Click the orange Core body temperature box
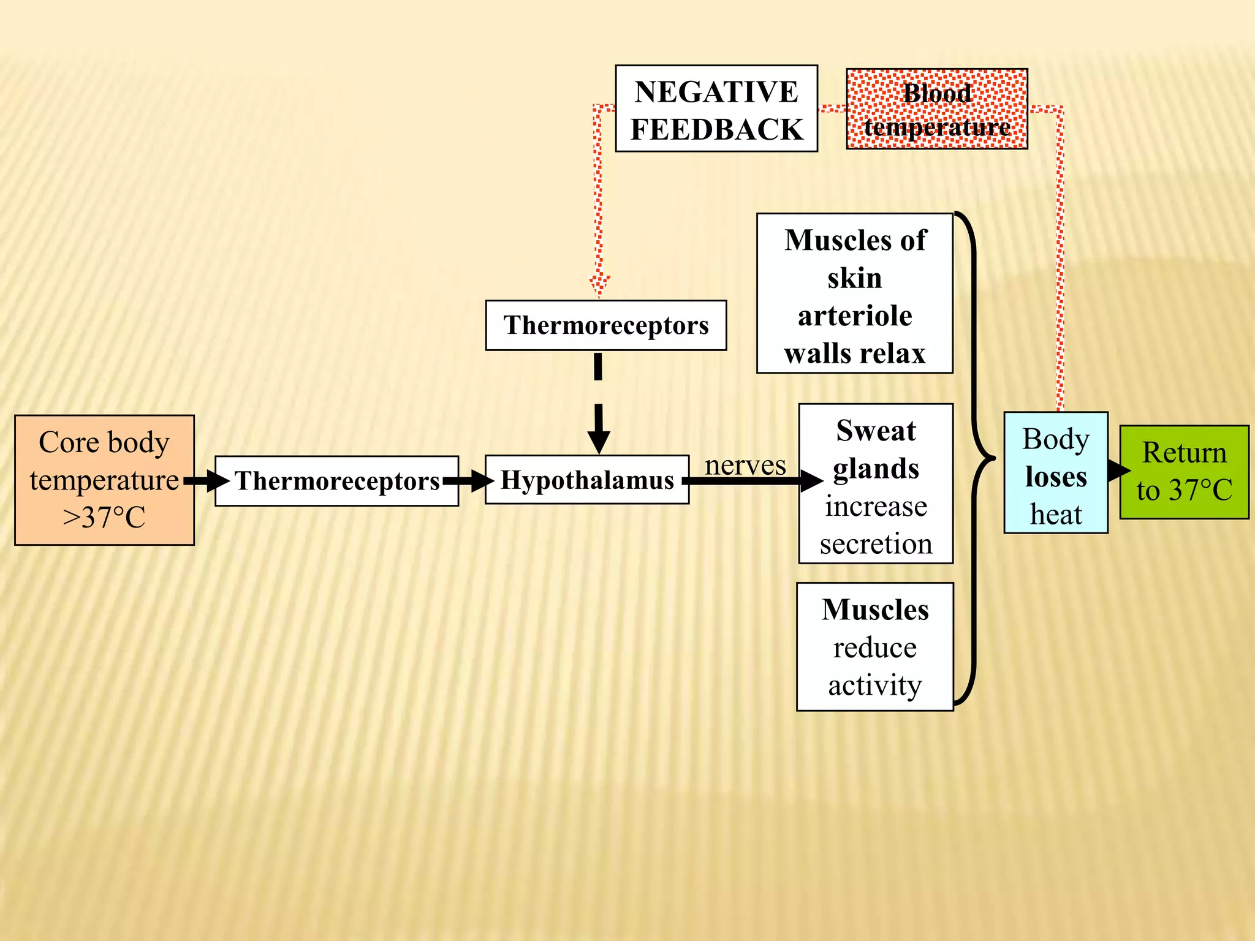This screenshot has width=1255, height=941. (x=104, y=480)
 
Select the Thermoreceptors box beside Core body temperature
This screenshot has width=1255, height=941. (x=336, y=481)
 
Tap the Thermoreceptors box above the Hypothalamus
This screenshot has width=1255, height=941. (x=605, y=325)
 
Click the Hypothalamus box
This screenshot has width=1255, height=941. (x=586, y=480)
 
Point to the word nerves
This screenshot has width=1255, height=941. (x=745, y=465)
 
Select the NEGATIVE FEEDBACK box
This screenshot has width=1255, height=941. (x=716, y=108)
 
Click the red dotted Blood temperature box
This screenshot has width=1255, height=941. (x=936, y=109)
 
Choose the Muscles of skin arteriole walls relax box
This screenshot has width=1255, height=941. (x=854, y=293)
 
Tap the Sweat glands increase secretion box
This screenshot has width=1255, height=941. (x=876, y=483)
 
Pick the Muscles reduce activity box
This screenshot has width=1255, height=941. (x=874, y=646)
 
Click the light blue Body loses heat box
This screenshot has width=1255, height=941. (x=1055, y=472)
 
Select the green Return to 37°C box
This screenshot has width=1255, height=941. (x=1184, y=472)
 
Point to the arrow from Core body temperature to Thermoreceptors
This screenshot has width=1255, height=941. (x=206, y=481)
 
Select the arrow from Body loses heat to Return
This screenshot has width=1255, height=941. (x=1118, y=470)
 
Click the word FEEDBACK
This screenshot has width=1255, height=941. (x=716, y=129)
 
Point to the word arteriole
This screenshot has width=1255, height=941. (x=854, y=316)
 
